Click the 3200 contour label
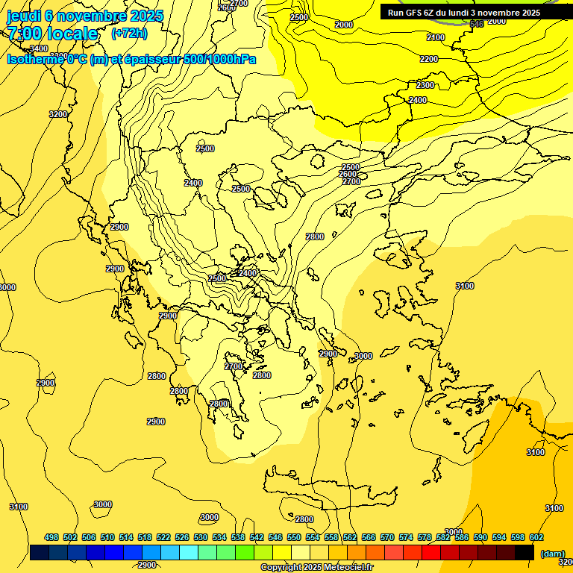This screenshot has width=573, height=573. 58,114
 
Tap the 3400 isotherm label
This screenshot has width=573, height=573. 39,48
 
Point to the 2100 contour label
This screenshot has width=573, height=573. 436,37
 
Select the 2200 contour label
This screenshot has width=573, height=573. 428,59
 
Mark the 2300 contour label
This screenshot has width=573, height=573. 425,85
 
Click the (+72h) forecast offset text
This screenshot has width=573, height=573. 128,34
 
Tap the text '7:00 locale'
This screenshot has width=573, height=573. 52,34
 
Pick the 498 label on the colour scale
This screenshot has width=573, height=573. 51,537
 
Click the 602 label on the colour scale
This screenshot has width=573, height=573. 536,537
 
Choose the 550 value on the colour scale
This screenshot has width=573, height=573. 294,537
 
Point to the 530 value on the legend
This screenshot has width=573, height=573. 201,537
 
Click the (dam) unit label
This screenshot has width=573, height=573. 551,553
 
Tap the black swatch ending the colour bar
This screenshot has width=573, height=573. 524,552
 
